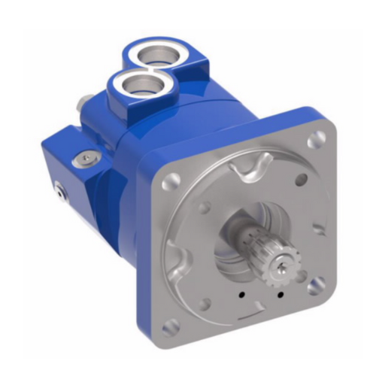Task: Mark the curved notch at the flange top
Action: [248, 166]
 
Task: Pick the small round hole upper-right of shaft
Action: [302, 179]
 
